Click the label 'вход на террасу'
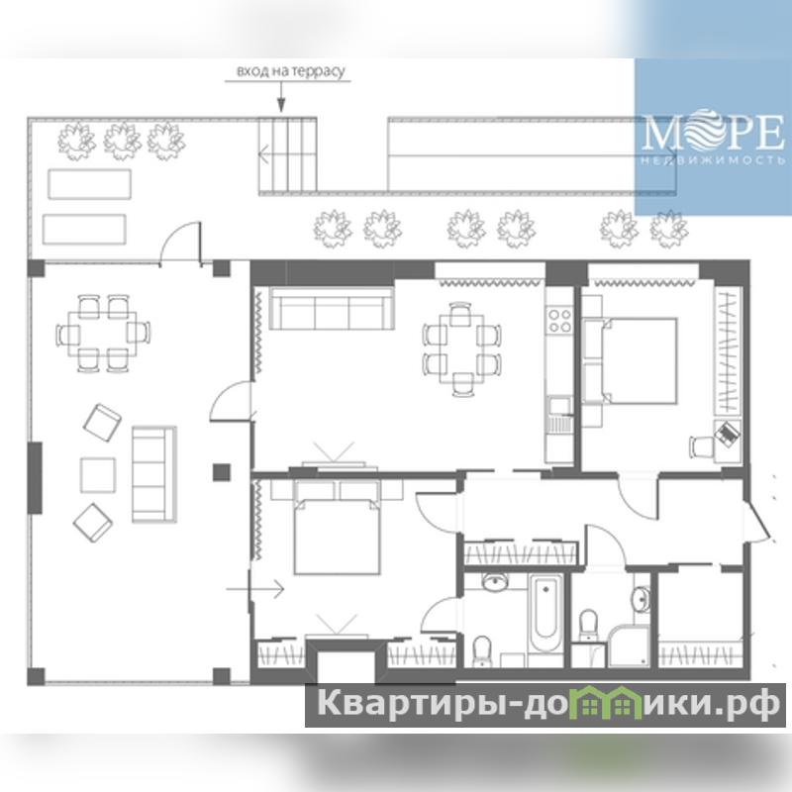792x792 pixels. [x=291, y=71]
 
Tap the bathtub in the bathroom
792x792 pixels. [x=545, y=612]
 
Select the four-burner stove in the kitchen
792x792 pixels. [x=559, y=321]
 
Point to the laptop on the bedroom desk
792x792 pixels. [x=728, y=434]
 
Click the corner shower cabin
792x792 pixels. [x=629, y=645]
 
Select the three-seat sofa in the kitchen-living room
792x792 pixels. [x=332, y=308]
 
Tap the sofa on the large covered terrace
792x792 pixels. [x=154, y=474]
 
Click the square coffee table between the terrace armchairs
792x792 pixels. [x=97, y=475]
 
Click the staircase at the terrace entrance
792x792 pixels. [x=287, y=155]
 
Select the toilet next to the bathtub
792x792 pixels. [x=482, y=651]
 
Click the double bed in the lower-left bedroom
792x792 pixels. [x=337, y=527]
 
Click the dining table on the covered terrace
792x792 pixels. [x=103, y=334]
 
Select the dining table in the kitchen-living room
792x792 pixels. [x=461, y=348]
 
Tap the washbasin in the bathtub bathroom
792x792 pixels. [x=497, y=582]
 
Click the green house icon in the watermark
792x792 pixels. [x=596, y=704]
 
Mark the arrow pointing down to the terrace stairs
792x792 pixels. [x=281, y=96]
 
